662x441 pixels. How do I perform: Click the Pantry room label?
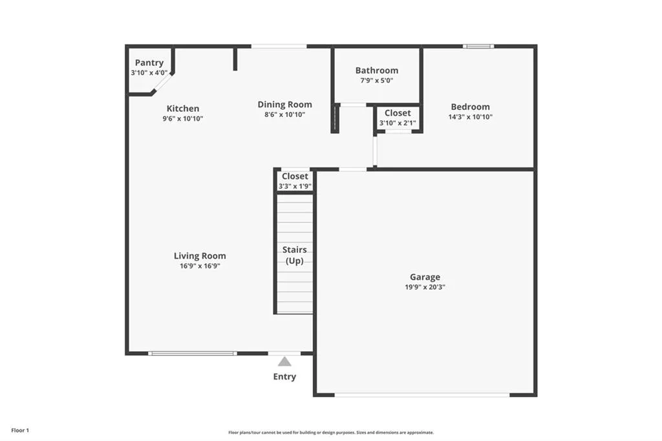(x=149, y=63)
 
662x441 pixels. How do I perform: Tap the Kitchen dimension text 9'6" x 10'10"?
(x=183, y=119)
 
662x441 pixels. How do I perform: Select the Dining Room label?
(x=284, y=104)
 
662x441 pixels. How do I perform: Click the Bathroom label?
(x=377, y=70)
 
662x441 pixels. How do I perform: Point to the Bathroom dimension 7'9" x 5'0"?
(x=377, y=81)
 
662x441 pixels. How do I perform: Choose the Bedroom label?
(x=470, y=107)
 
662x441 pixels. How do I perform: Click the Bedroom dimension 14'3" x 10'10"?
(x=470, y=117)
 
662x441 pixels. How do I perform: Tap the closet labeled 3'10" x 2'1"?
(x=398, y=117)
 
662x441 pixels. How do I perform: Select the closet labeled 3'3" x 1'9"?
(x=295, y=181)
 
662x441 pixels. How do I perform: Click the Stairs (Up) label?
(x=294, y=255)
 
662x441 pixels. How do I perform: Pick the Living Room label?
(x=200, y=255)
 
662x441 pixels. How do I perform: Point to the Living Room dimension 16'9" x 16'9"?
(x=200, y=266)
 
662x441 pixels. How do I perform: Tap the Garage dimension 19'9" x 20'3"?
(x=425, y=286)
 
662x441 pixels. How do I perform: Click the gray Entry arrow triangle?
(x=284, y=362)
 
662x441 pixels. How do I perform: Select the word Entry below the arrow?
(x=284, y=377)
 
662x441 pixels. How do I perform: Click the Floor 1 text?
(x=19, y=430)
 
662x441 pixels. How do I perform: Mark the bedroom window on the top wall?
(x=478, y=46)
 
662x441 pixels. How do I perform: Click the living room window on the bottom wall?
(x=192, y=353)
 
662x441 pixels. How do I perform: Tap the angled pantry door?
(x=163, y=83)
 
